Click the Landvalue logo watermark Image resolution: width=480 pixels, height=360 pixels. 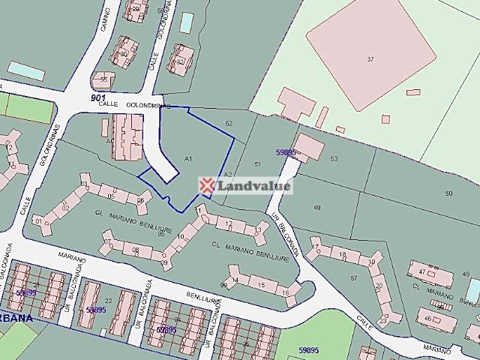click(245, 185)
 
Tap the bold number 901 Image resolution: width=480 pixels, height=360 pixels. click(98, 97)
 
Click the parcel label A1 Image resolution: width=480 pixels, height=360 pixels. click(188, 158)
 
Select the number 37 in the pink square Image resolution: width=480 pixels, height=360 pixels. click(370, 58)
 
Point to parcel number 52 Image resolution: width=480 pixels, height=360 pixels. click(229, 123)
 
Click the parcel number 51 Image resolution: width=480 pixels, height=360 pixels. click(257, 163)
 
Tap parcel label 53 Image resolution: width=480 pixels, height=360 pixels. click(334, 158)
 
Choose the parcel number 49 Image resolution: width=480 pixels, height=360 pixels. click(316, 207)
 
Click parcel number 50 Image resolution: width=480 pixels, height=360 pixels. click(448, 193)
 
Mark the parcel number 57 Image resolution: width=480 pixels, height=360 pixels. click(354, 278)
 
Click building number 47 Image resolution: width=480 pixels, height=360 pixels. click(423, 271)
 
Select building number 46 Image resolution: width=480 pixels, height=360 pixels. click(427, 318)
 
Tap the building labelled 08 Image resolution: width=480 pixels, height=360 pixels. click(136, 250)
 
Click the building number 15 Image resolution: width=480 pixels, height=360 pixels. click(261, 286)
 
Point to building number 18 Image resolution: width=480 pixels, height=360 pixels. click(343, 255)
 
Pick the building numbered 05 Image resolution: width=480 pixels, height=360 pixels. click(111, 196)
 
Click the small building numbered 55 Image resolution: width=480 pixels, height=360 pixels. click(103, 79)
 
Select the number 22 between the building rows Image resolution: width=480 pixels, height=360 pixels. click(108, 301)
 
